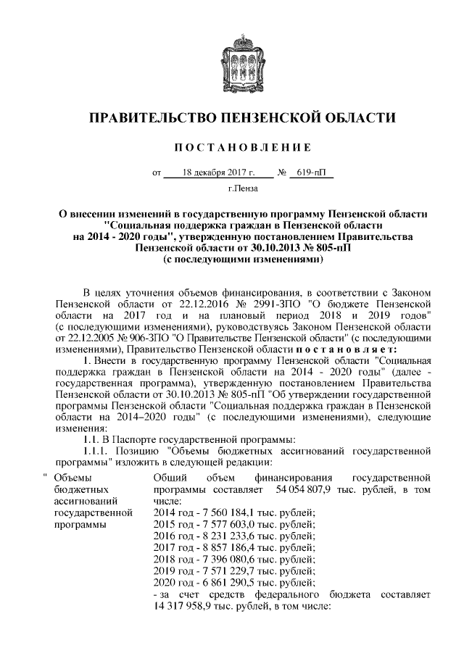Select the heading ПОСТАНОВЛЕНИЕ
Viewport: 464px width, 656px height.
tap(232, 148)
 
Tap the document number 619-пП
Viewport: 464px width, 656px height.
tap(307, 173)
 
